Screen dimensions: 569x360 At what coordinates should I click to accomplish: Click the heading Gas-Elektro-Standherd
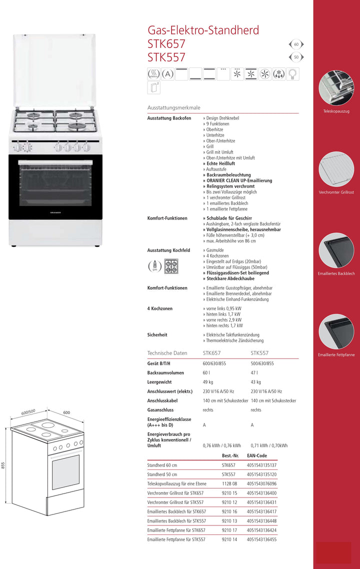[x=203, y=30]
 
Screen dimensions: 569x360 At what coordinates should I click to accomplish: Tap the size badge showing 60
[x=296, y=44]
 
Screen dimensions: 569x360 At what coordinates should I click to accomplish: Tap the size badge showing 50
[x=296, y=57]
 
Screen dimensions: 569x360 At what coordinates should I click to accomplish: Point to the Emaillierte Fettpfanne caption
[x=336, y=355]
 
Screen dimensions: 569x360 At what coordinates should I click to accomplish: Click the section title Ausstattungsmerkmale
[x=173, y=107]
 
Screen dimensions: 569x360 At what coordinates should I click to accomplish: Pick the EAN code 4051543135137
[x=261, y=465]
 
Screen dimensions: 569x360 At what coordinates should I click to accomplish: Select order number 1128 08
[x=229, y=483]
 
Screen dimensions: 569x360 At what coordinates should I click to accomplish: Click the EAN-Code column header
[x=257, y=456]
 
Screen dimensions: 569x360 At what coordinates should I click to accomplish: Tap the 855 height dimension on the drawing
[x=3, y=465]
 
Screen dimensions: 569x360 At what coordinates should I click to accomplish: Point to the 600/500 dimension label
[x=28, y=412]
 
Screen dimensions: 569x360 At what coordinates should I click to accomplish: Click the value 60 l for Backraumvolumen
[x=206, y=373]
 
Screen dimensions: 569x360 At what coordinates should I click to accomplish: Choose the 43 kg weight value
[x=256, y=382]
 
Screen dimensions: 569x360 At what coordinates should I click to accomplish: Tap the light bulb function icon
[x=293, y=74]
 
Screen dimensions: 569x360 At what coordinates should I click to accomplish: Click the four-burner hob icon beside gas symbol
[x=171, y=265]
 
